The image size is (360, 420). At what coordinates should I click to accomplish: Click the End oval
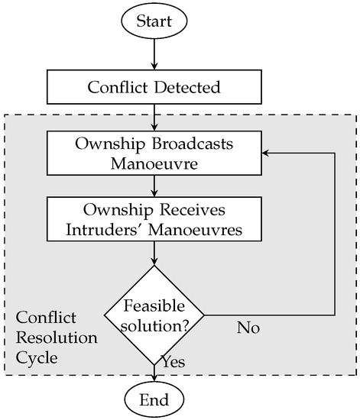tap(155, 399)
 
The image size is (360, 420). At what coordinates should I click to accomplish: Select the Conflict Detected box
tap(155, 87)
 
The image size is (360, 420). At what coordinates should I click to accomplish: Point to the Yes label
tap(173, 361)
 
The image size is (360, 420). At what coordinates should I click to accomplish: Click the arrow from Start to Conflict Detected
tap(155, 53)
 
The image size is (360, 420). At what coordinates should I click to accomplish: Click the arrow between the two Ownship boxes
tap(155, 185)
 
